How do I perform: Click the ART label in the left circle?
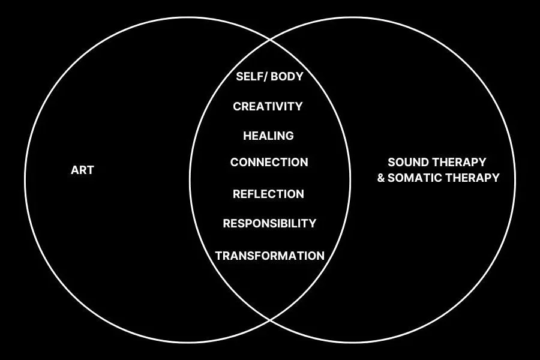[82, 170]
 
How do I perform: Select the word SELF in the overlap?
[248, 77]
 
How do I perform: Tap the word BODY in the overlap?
[286, 77]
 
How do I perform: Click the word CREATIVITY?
[268, 107]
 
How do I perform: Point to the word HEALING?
[268, 136]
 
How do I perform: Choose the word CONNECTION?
[269, 163]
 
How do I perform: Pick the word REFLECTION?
[268, 194]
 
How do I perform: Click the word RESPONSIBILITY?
[269, 224]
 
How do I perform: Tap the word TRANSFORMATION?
[269, 256]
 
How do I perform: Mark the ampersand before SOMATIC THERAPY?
[381, 178]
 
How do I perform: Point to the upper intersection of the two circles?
[270, 41]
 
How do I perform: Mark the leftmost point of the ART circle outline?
[25, 179]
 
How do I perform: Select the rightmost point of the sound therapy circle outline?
[515, 179]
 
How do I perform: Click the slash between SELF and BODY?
[264, 77]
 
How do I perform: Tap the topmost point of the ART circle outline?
[187, 17]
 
